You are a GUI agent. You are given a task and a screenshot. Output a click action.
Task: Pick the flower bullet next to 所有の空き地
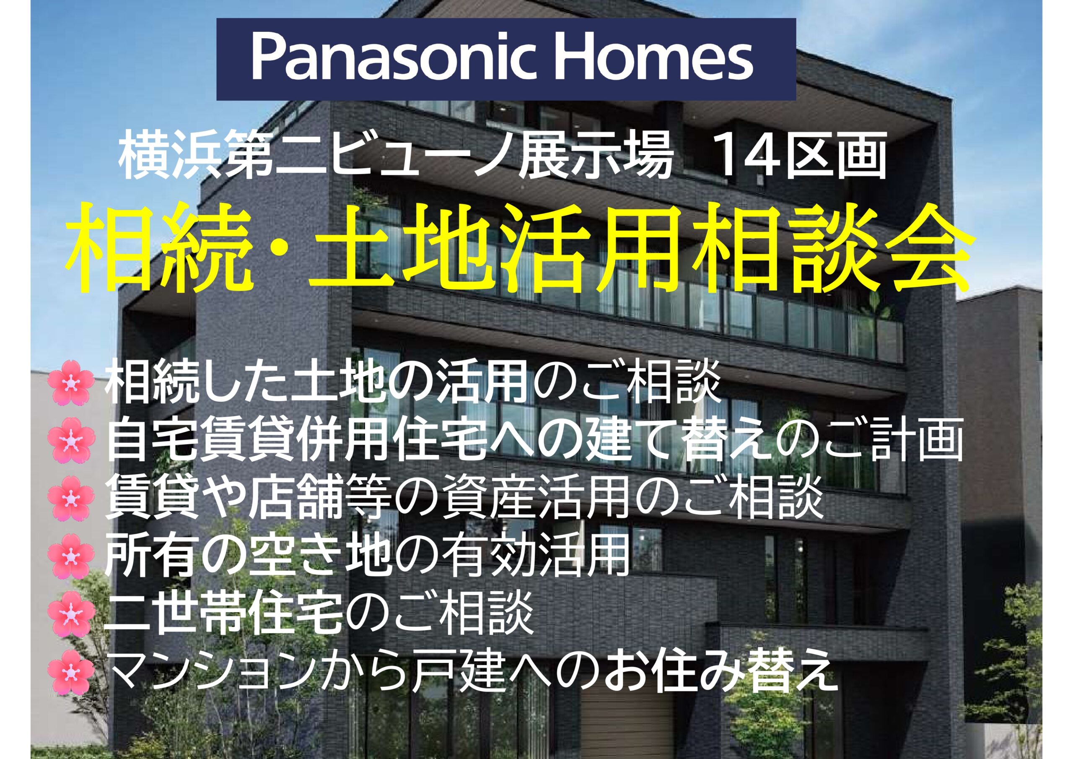point(70,556)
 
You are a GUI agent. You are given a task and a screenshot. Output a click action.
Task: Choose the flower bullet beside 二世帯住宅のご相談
point(70,613)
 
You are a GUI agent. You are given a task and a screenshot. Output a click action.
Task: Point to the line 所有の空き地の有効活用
point(366,556)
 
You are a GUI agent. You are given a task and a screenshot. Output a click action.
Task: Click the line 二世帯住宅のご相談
point(319,613)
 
